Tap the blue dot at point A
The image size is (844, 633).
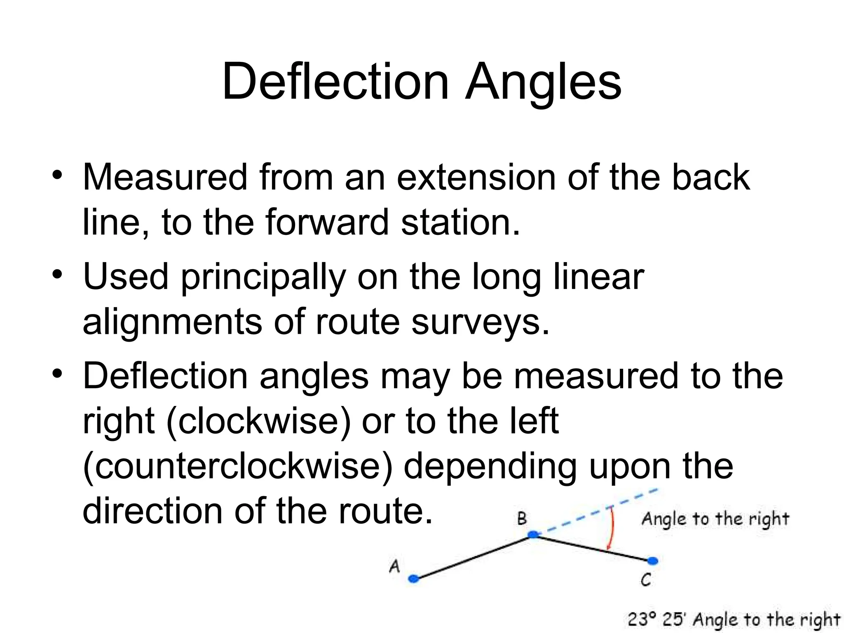coord(413,579)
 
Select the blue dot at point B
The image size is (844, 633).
coord(533,535)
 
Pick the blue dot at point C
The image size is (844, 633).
coord(652,561)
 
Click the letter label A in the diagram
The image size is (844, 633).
coord(394,566)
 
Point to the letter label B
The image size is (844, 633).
coord(522,518)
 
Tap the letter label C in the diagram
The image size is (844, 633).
coord(646,580)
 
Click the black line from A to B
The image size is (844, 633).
coord(474,557)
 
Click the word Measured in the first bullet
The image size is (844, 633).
coord(165,177)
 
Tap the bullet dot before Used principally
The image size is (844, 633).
coord(57,274)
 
